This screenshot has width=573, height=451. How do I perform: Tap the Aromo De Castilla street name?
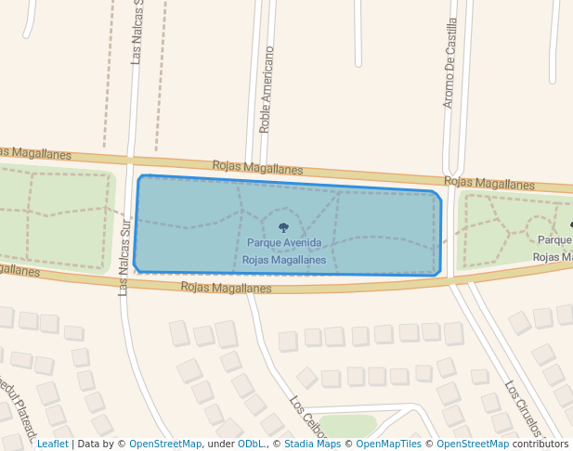[449, 62]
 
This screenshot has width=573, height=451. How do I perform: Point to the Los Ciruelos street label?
[522, 408]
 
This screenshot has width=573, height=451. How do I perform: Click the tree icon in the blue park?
[283, 227]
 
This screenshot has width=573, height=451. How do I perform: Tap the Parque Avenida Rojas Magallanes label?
[284, 251]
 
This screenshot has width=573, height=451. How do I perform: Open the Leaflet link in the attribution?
[52, 444]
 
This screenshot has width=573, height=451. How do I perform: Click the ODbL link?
[250, 444]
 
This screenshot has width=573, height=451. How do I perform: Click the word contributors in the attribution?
[540, 444]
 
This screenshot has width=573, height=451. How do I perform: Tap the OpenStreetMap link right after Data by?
[164, 444]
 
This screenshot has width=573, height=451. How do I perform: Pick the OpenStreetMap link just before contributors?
[473, 444]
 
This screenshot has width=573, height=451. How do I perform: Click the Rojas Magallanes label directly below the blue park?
[226, 288]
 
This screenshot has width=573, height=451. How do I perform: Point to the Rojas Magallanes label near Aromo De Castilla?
[489, 183]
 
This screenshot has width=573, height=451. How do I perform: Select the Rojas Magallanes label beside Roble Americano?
[257, 168]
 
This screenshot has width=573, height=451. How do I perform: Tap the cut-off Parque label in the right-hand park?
[555, 239]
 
